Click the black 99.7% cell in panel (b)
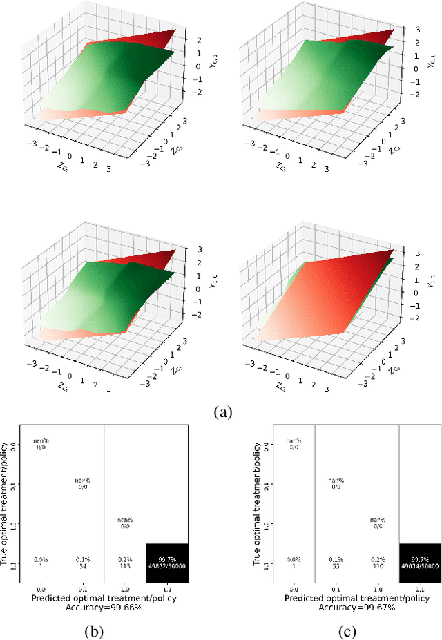(166, 563)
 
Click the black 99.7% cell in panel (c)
(419, 563)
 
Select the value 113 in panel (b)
(124, 566)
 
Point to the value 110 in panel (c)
(377, 566)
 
